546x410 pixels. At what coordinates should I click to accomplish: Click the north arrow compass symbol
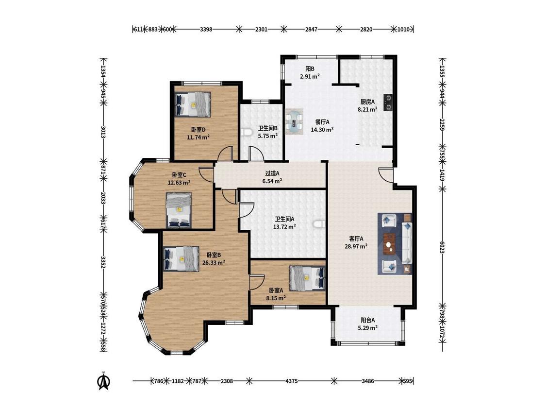[103, 381]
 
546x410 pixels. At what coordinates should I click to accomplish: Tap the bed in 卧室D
[193, 104]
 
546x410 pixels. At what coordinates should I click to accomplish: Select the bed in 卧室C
[179, 210]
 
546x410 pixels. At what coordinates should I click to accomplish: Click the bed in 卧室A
[308, 278]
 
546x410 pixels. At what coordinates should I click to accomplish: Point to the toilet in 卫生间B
[246, 133]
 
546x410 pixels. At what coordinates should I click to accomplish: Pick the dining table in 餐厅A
[294, 121]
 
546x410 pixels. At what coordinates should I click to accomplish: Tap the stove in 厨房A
[388, 102]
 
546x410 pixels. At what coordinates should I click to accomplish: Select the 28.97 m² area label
[356, 246]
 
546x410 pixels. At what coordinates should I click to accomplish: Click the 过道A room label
[272, 173]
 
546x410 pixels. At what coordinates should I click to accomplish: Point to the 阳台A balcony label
[368, 320]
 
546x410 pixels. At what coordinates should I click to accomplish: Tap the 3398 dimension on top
[206, 29]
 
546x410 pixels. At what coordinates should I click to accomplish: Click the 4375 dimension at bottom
[292, 381]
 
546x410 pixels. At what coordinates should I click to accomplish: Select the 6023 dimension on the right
[442, 248]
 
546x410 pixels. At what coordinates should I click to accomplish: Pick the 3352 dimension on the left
[103, 262]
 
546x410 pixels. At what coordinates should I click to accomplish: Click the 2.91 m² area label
[310, 76]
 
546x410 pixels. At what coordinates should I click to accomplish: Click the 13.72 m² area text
[284, 226]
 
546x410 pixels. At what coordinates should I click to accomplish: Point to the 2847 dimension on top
[311, 29]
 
